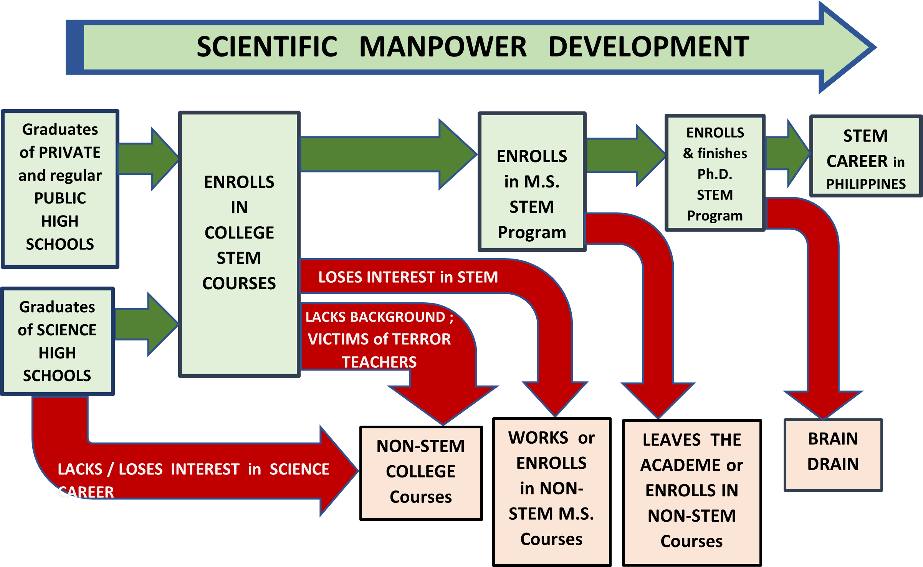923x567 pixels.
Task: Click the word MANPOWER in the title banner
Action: (443, 47)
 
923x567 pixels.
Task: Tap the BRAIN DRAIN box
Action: (833, 455)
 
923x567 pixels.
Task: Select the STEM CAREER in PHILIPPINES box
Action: (866, 156)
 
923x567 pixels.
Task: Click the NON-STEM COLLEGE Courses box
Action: (421, 473)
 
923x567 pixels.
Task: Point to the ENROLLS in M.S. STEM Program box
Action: (532, 182)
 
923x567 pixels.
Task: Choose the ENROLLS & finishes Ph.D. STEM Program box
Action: (715, 172)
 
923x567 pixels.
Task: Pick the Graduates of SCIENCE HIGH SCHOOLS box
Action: (57, 341)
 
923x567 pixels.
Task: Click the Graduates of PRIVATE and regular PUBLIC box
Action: (60, 189)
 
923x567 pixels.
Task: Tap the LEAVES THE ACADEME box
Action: (691, 493)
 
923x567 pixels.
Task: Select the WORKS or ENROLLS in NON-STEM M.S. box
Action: (552, 492)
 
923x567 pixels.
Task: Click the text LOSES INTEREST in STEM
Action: (408, 277)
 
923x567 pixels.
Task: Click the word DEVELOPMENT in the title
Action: (649, 47)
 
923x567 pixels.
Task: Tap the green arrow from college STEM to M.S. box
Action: (389, 154)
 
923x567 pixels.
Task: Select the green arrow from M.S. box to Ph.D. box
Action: (626, 155)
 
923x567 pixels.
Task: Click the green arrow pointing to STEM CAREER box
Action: (788, 154)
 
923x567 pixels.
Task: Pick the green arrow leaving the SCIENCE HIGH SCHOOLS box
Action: (147, 324)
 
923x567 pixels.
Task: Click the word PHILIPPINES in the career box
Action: (866, 184)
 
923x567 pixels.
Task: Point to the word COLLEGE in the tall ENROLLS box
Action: (239, 233)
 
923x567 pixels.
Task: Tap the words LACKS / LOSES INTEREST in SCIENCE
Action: (194, 469)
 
